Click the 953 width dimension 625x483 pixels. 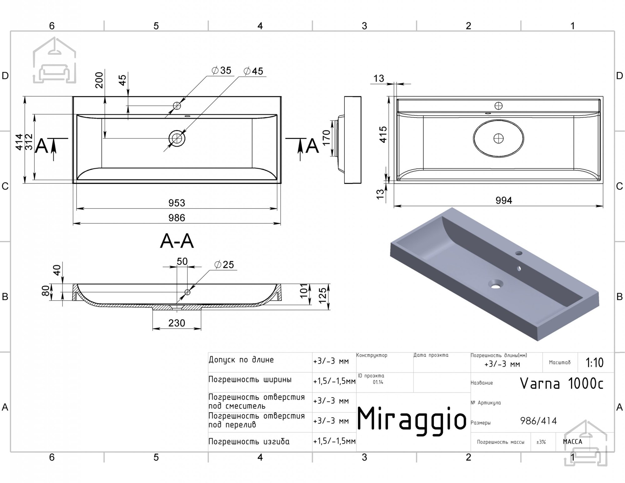coord(177,203)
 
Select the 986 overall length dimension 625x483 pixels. coord(177,218)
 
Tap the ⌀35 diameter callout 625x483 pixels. coord(221,70)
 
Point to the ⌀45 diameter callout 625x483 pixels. coord(253,71)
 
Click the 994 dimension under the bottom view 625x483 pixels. coord(504,200)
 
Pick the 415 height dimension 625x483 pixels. coord(383,134)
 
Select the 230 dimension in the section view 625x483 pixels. coord(177,323)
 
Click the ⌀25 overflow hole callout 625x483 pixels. coord(224,264)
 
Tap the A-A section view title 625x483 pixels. coord(177,241)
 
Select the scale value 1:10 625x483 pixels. coord(594,363)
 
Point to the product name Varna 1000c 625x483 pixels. coord(562,383)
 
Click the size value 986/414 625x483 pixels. coord(538,421)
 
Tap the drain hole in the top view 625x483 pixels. coord(177,138)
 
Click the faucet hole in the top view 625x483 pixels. coord(177,106)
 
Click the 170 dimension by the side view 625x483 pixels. coord(326,138)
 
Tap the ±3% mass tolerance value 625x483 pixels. coord(541,442)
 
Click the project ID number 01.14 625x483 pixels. coord(378,382)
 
